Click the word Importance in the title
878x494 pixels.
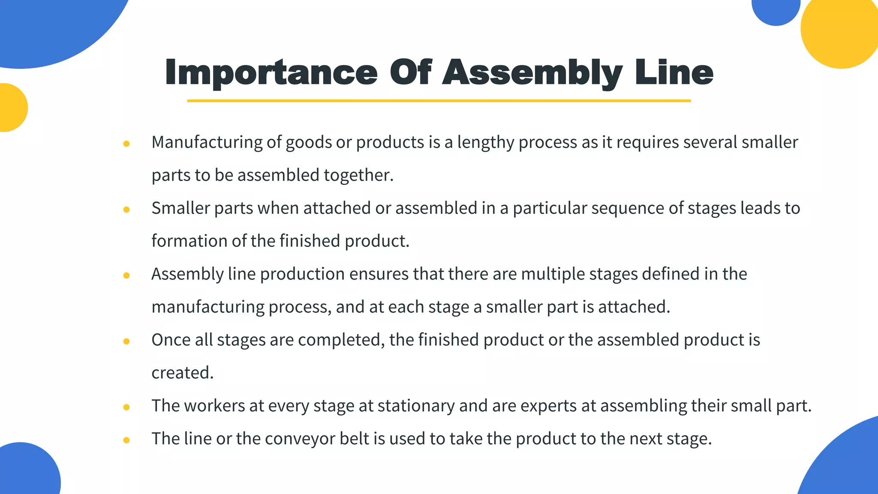point(271,72)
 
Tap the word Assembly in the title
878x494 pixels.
point(532,72)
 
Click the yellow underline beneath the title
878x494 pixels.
point(439,101)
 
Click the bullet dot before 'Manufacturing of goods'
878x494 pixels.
point(126,144)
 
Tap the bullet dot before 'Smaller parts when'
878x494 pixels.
point(126,210)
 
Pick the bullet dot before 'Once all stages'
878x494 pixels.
point(126,341)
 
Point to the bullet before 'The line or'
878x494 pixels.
point(126,440)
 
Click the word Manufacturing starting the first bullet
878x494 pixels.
point(207,142)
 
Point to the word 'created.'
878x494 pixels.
point(182,373)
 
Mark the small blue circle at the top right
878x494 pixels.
point(776,9)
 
